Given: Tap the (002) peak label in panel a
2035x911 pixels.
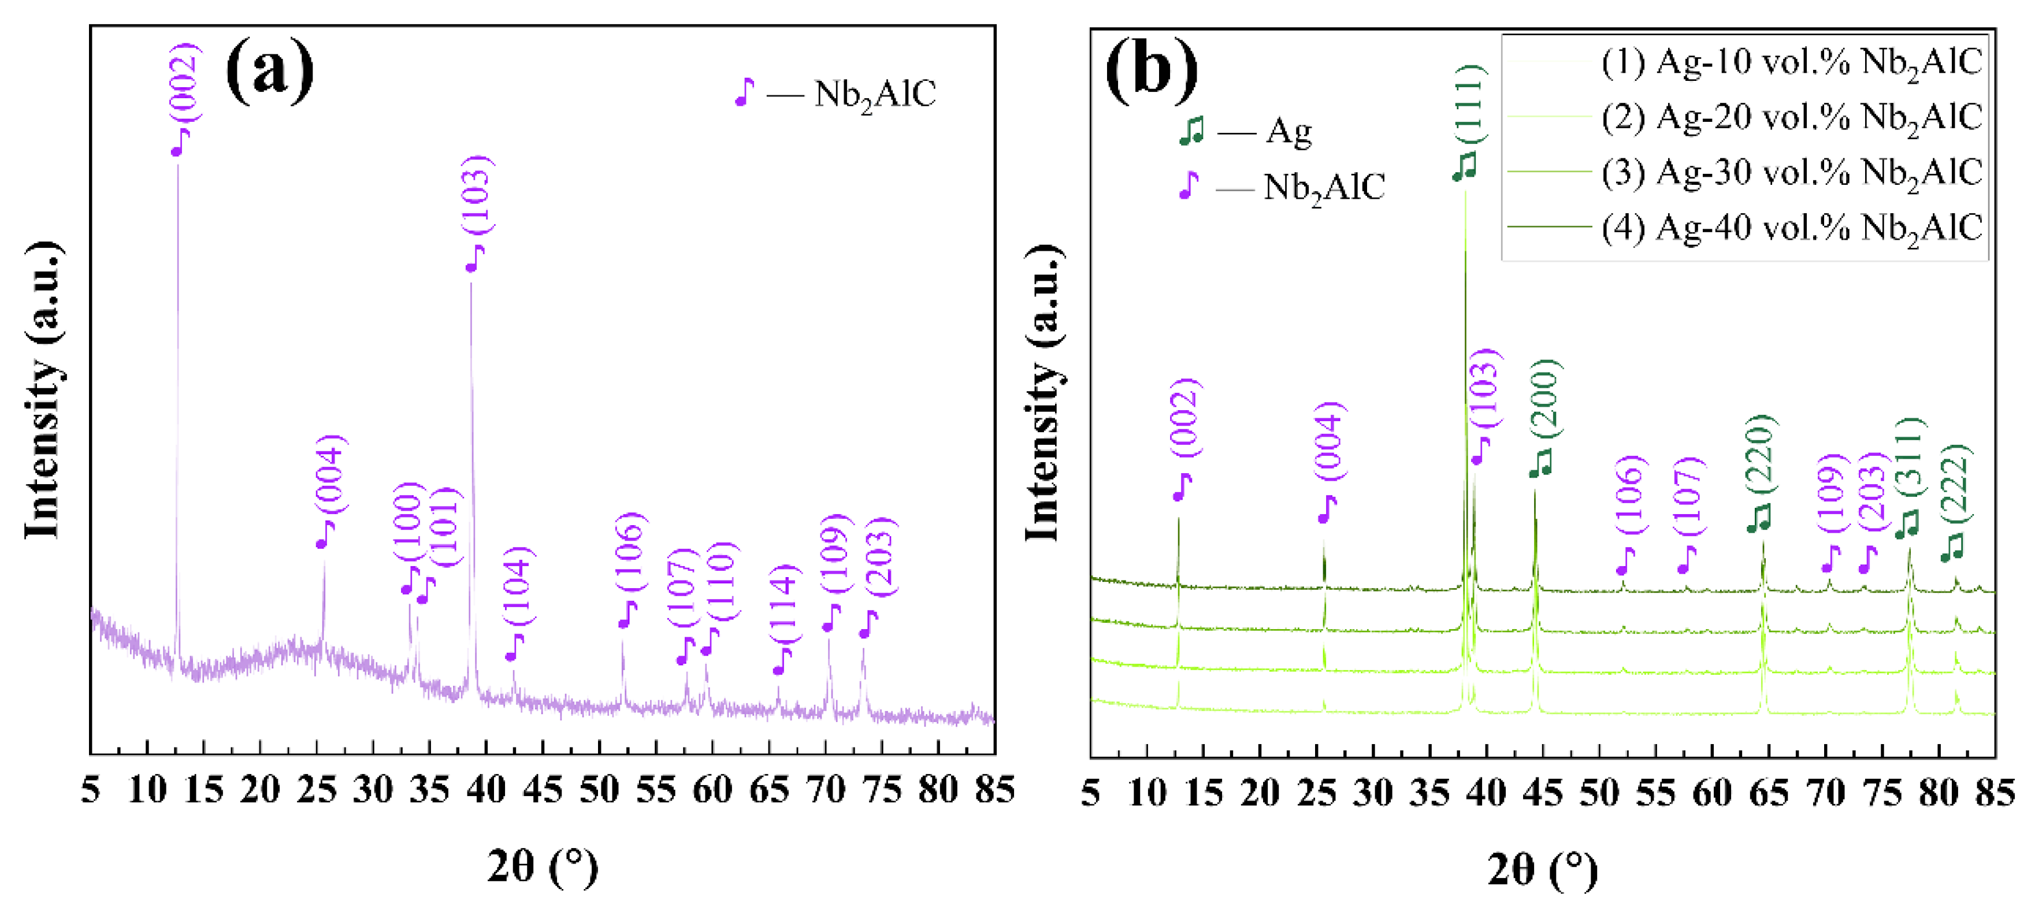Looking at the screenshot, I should point(187,83).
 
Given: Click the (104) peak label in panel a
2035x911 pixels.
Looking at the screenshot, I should point(519,586).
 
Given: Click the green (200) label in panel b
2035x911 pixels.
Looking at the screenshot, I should point(1544,398).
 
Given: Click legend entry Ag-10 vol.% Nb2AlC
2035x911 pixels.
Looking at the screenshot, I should point(1791,62).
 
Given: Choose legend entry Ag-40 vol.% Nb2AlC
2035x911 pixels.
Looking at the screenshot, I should point(1791,228).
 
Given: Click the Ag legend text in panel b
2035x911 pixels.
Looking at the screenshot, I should point(1288,131).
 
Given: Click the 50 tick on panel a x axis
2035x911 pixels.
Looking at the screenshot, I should point(599,790).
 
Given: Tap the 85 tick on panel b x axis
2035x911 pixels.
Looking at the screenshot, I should point(1994,793).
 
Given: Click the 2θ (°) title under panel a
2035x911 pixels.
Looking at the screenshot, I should point(543,866).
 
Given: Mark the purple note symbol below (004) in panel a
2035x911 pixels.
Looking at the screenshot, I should point(325,535).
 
